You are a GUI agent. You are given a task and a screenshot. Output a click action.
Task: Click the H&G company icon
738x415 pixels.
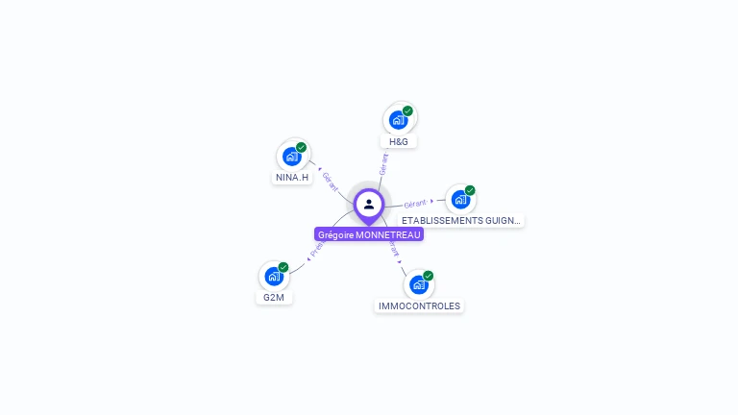pyautogui.click(x=399, y=121)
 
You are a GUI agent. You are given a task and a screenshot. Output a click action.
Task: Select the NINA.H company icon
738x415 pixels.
pyautogui.click(x=292, y=157)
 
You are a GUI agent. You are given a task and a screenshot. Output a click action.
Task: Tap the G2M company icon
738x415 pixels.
pyautogui.click(x=274, y=277)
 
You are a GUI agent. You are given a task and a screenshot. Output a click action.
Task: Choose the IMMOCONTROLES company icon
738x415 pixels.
pyautogui.click(x=418, y=285)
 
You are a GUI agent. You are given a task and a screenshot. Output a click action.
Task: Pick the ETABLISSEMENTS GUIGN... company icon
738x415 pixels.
pyautogui.click(x=460, y=200)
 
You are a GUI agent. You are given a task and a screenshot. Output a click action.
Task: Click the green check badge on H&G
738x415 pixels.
pyautogui.click(x=407, y=111)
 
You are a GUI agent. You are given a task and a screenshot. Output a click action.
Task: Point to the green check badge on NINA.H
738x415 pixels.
pyautogui.click(x=302, y=147)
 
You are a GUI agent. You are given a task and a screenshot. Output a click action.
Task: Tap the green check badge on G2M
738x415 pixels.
pyautogui.click(x=283, y=267)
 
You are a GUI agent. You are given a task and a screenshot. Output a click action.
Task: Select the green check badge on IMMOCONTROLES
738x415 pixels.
pyautogui.click(x=429, y=276)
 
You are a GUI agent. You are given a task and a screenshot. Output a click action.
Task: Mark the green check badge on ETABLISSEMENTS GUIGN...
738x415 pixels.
pyautogui.click(x=470, y=190)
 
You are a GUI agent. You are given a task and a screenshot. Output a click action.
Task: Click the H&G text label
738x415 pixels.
pyautogui.click(x=399, y=142)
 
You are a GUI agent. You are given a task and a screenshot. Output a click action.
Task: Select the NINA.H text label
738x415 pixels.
pyautogui.click(x=292, y=178)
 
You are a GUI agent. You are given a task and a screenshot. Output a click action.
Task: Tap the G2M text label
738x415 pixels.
pyautogui.click(x=274, y=298)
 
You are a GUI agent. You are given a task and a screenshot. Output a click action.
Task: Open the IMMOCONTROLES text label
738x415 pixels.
pyautogui.click(x=419, y=306)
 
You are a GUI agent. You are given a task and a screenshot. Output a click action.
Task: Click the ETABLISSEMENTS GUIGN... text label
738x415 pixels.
pyautogui.click(x=461, y=221)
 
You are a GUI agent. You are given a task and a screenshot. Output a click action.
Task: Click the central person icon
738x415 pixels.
pyautogui.click(x=369, y=204)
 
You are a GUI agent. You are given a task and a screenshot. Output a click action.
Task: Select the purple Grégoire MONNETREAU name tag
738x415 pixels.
pyautogui.click(x=369, y=234)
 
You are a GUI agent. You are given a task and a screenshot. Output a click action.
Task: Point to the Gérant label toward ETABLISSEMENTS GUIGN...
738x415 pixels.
pyautogui.click(x=415, y=204)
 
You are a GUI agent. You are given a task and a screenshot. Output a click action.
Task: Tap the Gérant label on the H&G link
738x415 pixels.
pyautogui.click(x=384, y=163)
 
